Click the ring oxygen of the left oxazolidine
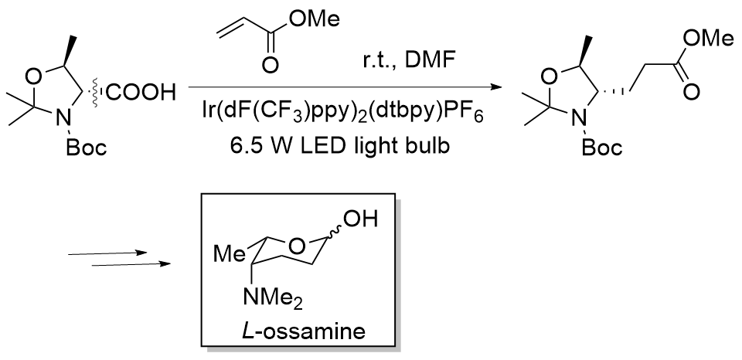click(35, 74)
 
